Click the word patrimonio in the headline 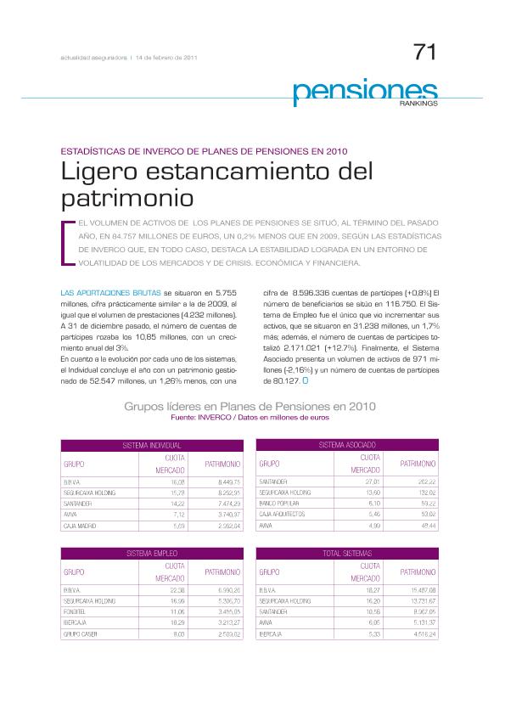click(127, 199)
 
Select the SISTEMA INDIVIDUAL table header click(152, 445)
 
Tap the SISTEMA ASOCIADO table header click(347, 445)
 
